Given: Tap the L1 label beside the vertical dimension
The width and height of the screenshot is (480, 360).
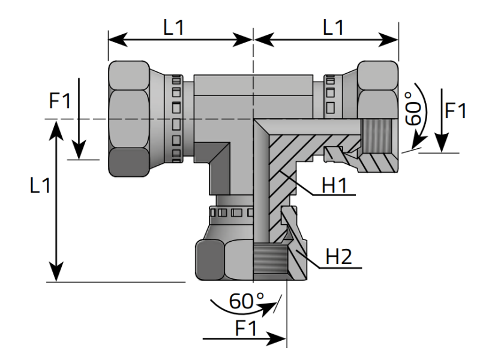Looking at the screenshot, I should pyautogui.click(x=40, y=187).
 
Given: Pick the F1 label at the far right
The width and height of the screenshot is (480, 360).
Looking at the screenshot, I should pyautogui.click(x=457, y=112).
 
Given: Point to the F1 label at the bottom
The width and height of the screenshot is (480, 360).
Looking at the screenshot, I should pyautogui.click(x=246, y=328).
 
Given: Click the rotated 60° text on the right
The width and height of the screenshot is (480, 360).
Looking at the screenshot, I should pyautogui.click(x=414, y=108).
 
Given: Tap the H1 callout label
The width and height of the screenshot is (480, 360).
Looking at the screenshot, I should pyautogui.click(x=337, y=187).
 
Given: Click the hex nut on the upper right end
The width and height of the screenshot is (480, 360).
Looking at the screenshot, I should pyautogui.click(x=378, y=84).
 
